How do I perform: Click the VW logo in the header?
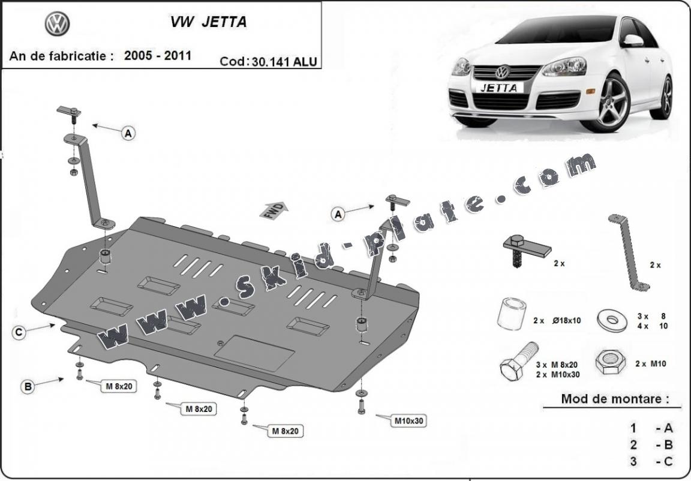(x=58, y=23)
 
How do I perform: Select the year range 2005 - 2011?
(x=158, y=56)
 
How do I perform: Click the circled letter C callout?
(x=19, y=333)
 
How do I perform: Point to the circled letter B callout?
(x=28, y=387)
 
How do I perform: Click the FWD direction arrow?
(x=274, y=210)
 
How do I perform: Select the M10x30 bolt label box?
(x=409, y=420)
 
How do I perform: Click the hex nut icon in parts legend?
(x=609, y=362)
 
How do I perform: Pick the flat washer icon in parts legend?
(x=612, y=320)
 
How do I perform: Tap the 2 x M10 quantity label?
(x=650, y=363)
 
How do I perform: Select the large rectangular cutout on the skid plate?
(x=254, y=353)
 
